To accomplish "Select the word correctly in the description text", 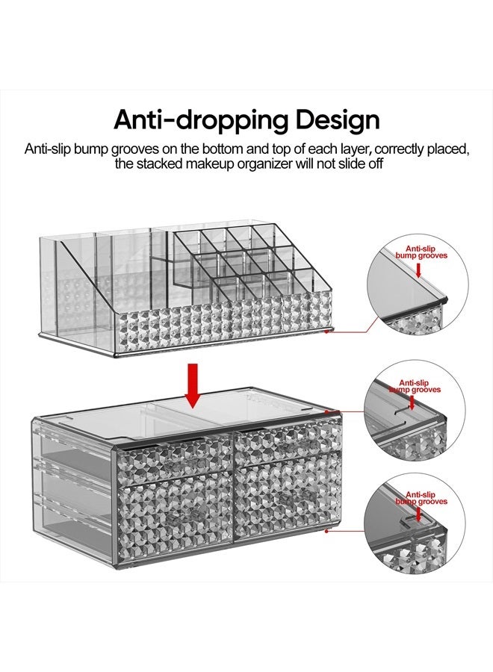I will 379,148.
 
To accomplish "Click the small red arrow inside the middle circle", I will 409,404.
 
